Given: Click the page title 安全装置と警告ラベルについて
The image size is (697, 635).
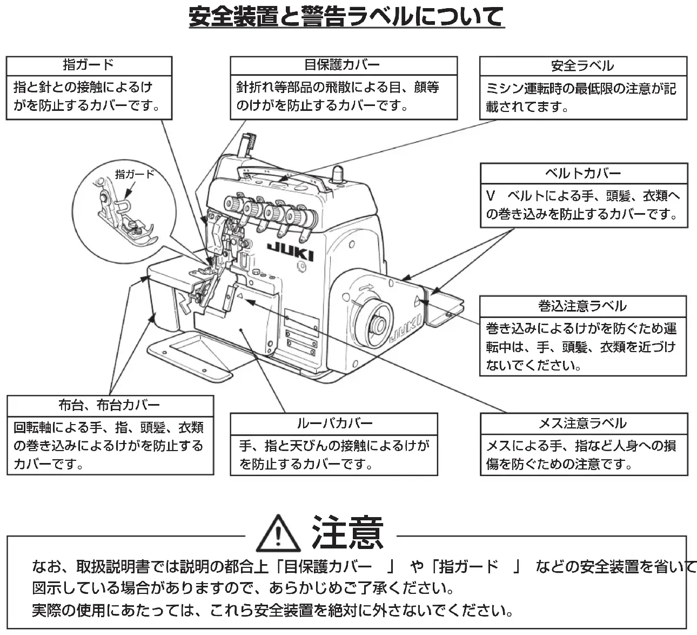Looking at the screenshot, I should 346,17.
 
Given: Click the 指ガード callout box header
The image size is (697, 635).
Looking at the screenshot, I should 89,65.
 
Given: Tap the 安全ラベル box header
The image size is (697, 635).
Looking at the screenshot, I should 582,66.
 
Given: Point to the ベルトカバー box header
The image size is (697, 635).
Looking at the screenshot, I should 582,174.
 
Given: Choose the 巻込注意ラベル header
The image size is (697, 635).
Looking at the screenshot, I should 582,306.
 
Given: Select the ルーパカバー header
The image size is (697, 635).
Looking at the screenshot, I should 334,423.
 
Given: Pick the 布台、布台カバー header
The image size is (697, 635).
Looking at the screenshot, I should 109,405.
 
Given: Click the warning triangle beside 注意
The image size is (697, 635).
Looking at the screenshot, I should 278,533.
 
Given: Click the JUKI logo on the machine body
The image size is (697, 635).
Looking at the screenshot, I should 290,252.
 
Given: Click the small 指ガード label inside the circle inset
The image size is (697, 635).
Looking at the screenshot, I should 135,174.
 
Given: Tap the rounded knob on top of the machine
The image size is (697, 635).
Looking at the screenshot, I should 338,173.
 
